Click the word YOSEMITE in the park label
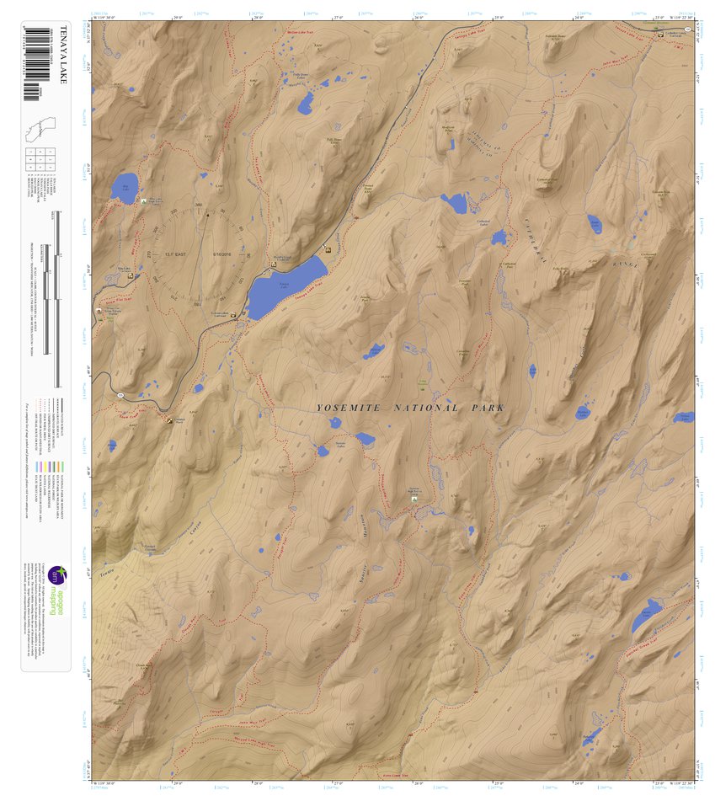click(x=345, y=409)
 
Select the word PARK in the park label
click(x=485, y=409)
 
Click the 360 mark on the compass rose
click(x=199, y=206)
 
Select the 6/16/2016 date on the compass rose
click(x=222, y=254)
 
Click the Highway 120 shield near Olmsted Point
click(x=120, y=395)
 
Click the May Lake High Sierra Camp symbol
click(x=144, y=200)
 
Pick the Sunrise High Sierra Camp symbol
click(x=414, y=499)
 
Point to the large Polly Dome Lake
click(x=305, y=104)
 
